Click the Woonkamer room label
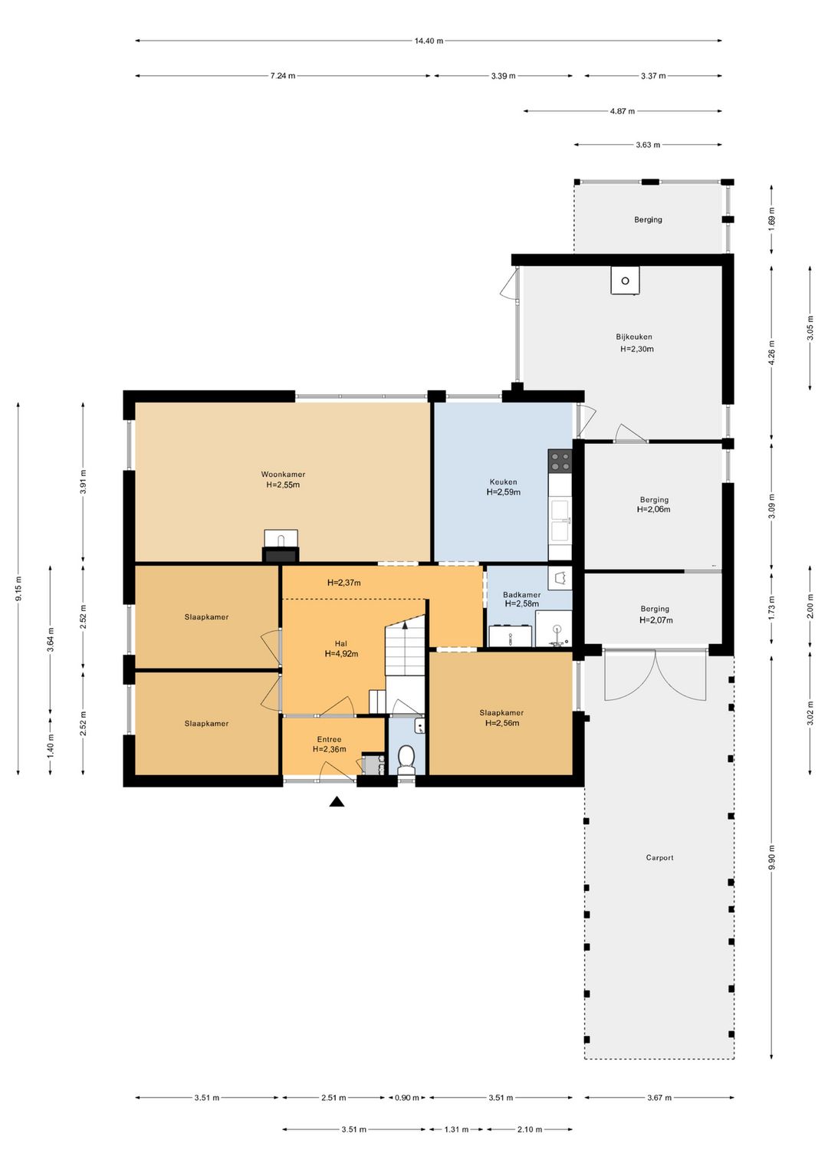click(283, 475)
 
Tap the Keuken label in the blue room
click(503, 481)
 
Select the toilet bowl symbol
click(406, 760)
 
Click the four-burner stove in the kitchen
click(560, 461)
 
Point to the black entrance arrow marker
click(337, 801)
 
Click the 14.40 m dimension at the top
click(429, 41)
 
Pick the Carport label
click(659, 857)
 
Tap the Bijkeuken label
click(634, 337)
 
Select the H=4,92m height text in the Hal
click(341, 653)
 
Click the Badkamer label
click(521, 594)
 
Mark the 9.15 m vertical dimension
click(18, 589)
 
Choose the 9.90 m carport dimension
click(771, 857)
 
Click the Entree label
click(329, 739)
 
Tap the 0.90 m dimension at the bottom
click(406, 1097)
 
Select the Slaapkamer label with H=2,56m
click(501, 712)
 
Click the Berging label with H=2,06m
click(654, 499)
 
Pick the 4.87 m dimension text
click(623, 111)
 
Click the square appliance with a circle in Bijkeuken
click(625, 281)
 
